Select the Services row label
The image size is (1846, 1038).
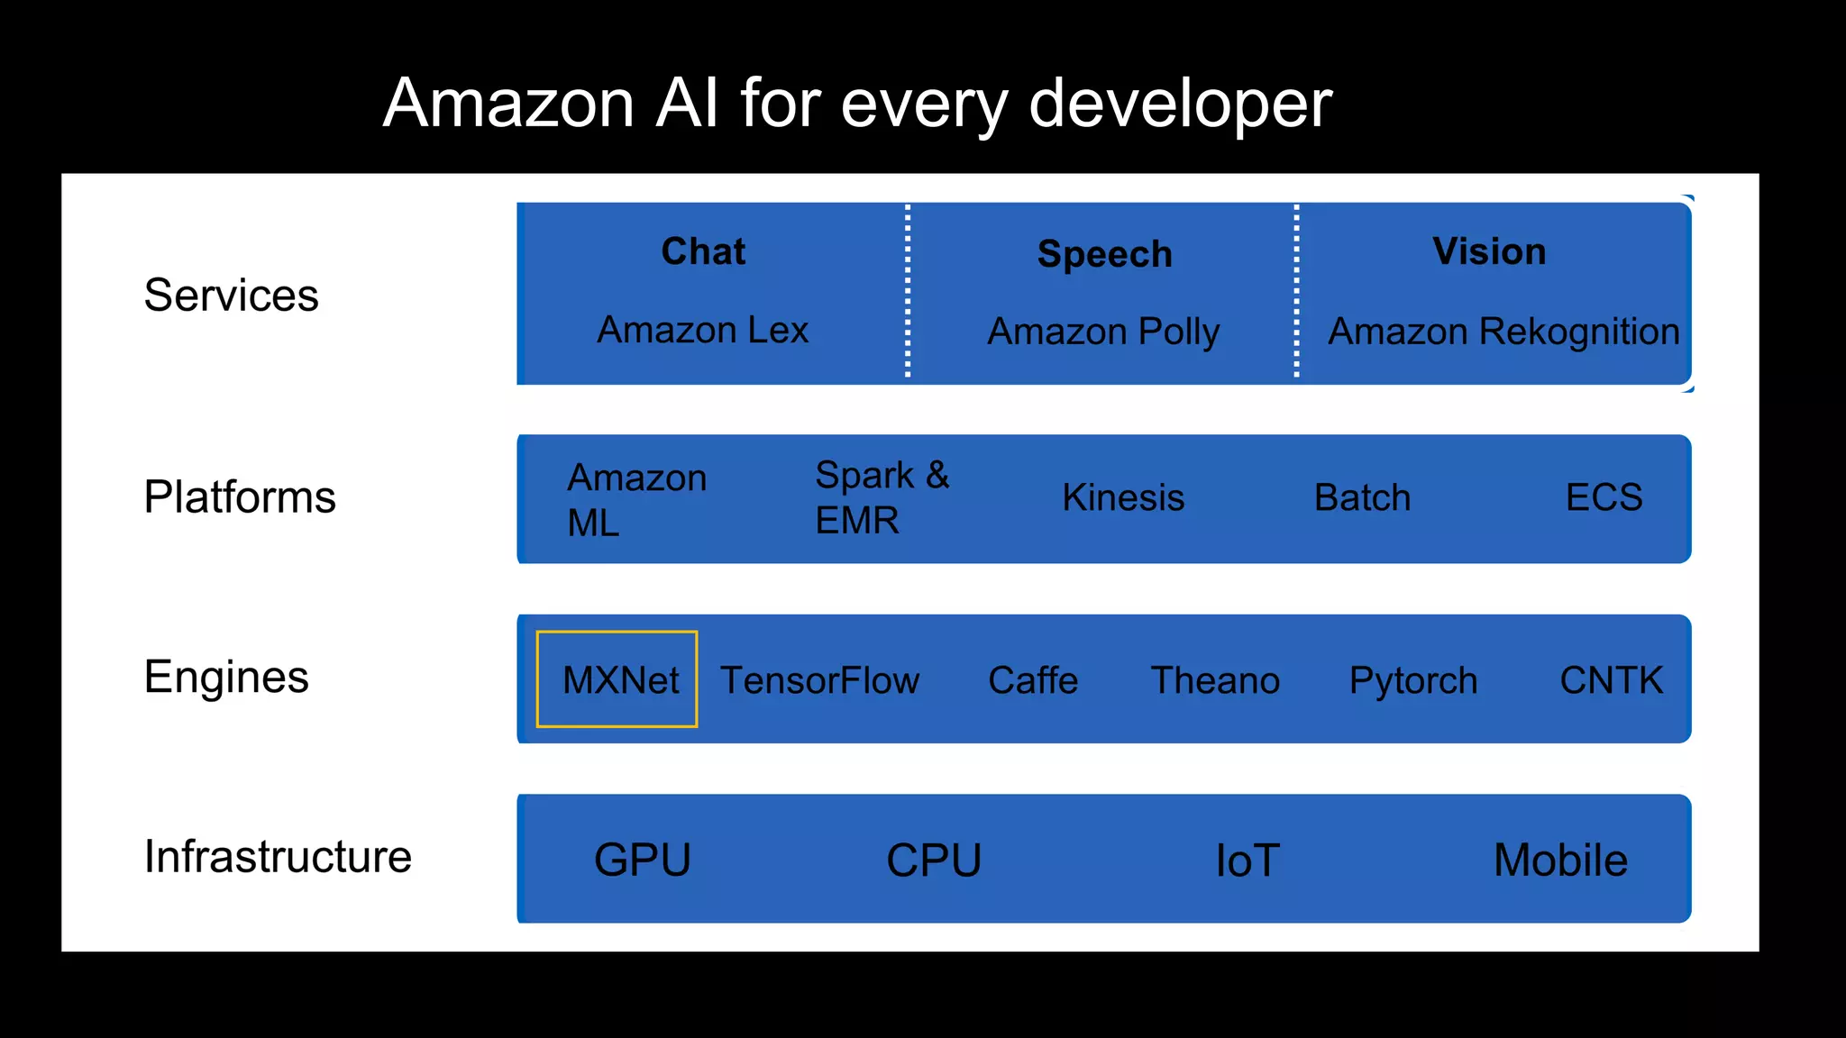[x=231, y=296]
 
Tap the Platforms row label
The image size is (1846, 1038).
[x=240, y=497]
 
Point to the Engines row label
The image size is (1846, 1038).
[x=226, y=677]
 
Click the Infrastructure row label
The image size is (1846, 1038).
[x=278, y=856]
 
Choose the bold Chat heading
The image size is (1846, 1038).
[x=703, y=251]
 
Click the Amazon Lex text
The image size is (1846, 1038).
[x=703, y=330]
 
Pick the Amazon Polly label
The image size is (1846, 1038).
[x=1103, y=332]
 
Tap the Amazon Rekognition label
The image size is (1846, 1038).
[x=1503, y=332]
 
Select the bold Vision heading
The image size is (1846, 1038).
[x=1489, y=251]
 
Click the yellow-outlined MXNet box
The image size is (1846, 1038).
[x=617, y=679]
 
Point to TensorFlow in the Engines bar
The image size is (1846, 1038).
[x=819, y=680]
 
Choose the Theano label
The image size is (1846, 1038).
[x=1215, y=680]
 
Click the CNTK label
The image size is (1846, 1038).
[x=1612, y=680]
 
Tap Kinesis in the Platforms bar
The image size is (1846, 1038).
[x=1123, y=497]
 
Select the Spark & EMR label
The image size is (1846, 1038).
[x=882, y=497]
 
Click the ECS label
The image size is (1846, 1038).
[x=1604, y=497]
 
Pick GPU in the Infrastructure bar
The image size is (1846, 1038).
[x=643, y=860]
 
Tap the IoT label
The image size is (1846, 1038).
[x=1247, y=860]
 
